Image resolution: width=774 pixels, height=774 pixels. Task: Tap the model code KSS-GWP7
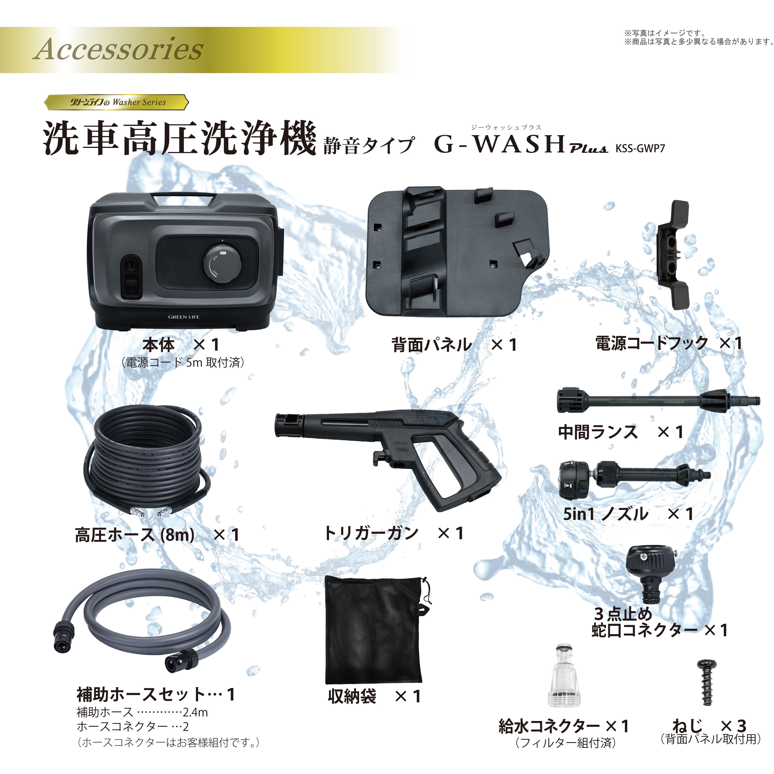640,149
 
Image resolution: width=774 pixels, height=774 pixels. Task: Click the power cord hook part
673,255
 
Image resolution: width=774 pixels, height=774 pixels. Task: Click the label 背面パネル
432,344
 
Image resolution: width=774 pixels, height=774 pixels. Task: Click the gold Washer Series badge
116,102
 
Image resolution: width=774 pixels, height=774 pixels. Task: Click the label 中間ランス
598,432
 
